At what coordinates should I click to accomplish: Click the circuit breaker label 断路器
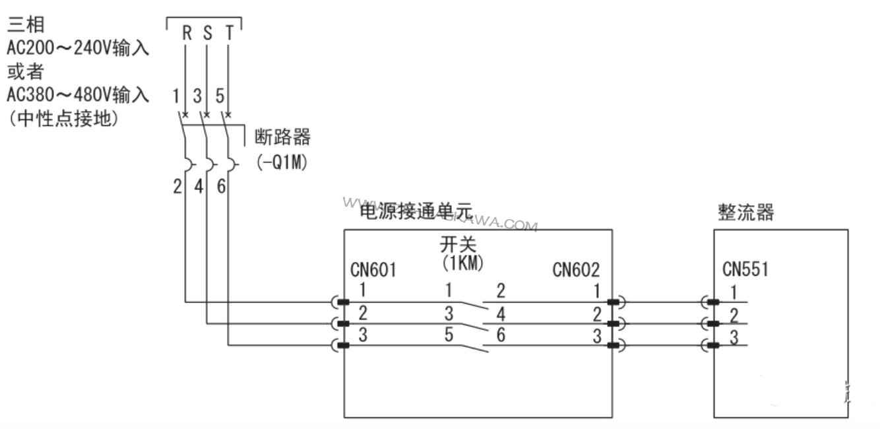click(x=282, y=138)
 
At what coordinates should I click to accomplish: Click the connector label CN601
click(x=373, y=269)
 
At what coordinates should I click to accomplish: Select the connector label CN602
click(x=576, y=269)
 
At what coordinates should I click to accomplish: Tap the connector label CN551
click(x=745, y=269)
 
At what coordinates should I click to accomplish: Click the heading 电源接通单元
click(x=416, y=211)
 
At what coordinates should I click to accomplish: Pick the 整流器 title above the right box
click(x=745, y=213)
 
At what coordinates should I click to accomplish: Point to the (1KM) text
click(x=462, y=262)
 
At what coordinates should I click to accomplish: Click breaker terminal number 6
click(x=221, y=187)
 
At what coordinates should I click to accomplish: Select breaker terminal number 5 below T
click(x=220, y=96)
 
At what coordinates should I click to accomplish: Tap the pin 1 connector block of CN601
click(x=342, y=302)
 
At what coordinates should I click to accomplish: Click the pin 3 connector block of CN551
click(x=713, y=345)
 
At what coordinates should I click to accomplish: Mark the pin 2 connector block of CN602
click(x=613, y=323)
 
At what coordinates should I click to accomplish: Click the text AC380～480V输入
click(x=78, y=96)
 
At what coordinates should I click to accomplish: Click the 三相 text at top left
click(x=26, y=25)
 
